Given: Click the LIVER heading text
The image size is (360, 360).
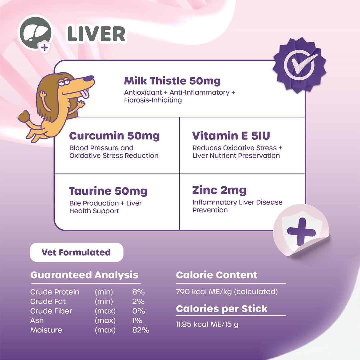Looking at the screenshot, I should point(96,34).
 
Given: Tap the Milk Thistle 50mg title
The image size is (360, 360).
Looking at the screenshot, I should point(172,81).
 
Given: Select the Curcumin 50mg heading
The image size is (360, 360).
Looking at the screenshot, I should point(114,136).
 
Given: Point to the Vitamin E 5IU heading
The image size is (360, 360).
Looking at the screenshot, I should point(231,136).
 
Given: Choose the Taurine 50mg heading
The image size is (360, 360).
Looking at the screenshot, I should point(108,191).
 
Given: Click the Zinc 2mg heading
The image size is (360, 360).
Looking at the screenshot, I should point(219,190).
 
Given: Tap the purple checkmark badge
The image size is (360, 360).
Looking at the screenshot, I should point(299,64).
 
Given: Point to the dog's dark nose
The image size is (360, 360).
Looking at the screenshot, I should point(89,79).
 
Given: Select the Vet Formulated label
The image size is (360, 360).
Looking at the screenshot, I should point(76,252).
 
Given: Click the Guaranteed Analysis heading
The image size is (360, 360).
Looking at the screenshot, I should point(84,275).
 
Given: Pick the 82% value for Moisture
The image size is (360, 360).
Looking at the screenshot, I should point(140,330).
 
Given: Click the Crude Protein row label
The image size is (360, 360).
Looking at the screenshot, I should point(55,292).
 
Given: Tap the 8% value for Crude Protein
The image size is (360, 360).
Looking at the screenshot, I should point(138,292).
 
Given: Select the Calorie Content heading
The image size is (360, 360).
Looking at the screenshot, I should point(217,275).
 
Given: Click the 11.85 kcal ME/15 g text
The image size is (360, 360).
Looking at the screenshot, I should point(207,324).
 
